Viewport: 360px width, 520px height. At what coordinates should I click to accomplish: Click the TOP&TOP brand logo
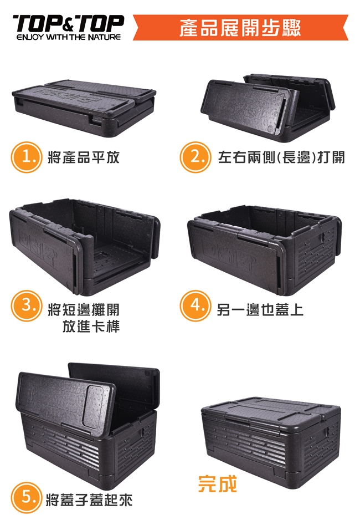click(x=69, y=23)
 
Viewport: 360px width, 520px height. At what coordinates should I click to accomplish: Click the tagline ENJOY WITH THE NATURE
click(x=69, y=37)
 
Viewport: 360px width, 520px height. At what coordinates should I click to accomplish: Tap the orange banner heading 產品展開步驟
click(x=240, y=28)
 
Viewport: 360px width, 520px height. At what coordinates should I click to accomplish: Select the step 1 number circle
click(x=26, y=157)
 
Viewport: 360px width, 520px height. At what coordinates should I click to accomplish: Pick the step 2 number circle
click(x=196, y=157)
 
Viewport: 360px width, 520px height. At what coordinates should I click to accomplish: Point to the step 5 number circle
click(x=26, y=497)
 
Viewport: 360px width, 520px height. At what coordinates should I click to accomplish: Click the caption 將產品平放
click(x=84, y=157)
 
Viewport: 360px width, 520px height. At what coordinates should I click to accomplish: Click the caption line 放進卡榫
click(x=91, y=327)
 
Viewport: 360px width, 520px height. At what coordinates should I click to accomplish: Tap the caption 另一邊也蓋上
click(x=260, y=310)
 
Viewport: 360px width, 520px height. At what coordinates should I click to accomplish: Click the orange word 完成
click(x=218, y=483)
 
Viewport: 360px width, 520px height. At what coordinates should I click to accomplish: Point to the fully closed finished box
click(x=271, y=436)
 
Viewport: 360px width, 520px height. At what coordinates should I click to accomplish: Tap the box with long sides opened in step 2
click(x=268, y=106)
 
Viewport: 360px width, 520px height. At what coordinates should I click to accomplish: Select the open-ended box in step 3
click(x=84, y=246)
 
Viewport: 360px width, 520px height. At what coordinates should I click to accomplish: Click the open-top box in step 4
click(x=264, y=249)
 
